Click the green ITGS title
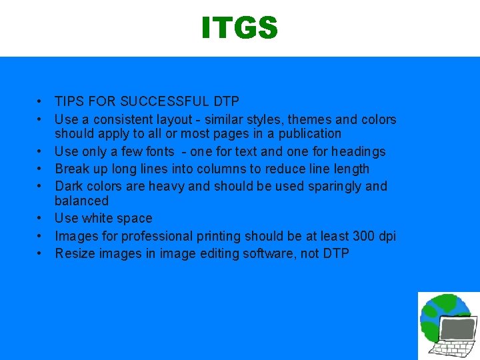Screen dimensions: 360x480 click(239, 28)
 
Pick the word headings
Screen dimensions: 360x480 click(354, 151)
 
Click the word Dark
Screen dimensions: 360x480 click(69, 186)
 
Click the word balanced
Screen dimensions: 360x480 click(81, 200)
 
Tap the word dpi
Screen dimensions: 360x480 click(386, 236)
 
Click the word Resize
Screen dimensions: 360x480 click(75, 253)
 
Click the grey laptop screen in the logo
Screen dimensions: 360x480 click(459, 329)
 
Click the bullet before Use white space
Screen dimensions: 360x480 click(41, 218)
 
